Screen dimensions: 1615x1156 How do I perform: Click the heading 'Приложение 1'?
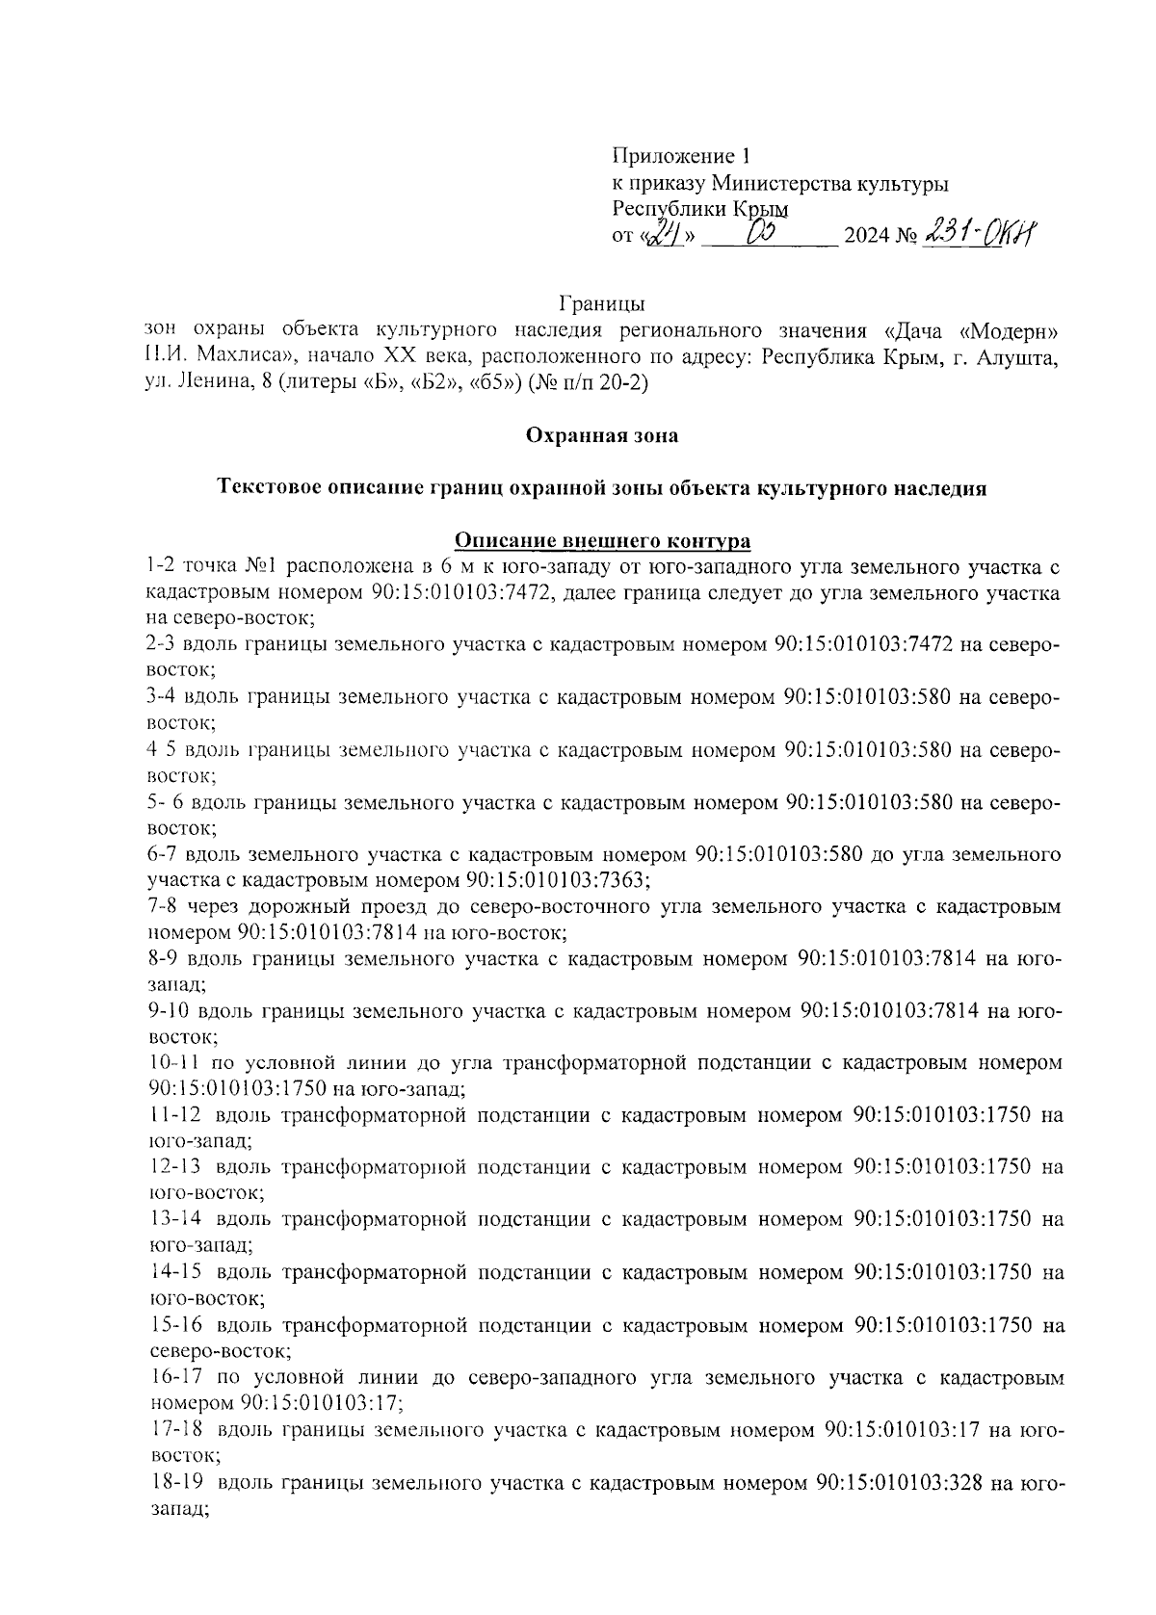click(x=680, y=156)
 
